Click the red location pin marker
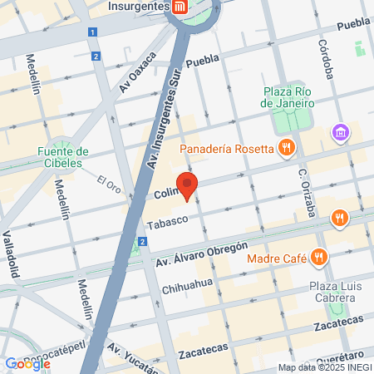pyautogui.click(x=187, y=186)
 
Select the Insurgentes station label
pyautogui.click(x=138, y=7)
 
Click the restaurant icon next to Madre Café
pyautogui.click(x=317, y=257)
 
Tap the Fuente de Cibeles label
pyautogui.click(x=62, y=157)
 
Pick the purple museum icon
pyautogui.click(x=338, y=132)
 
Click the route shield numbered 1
pyautogui.click(x=91, y=32)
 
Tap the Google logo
pyautogui.click(x=27, y=363)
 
